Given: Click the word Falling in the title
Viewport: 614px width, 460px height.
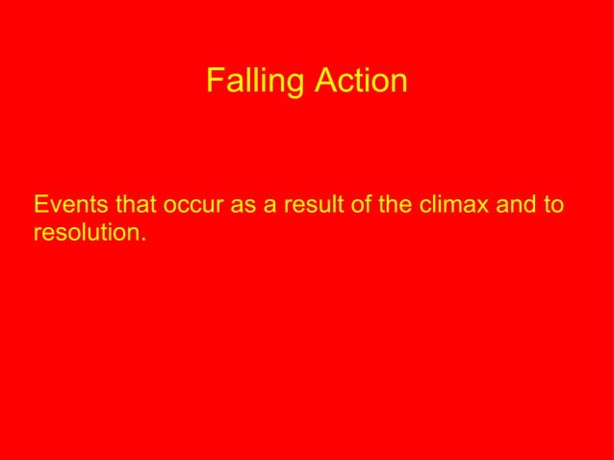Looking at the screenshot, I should tap(252, 82).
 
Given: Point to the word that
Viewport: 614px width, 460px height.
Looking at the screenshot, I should tap(136, 205).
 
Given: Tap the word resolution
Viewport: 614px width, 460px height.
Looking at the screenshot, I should tap(88, 232).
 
